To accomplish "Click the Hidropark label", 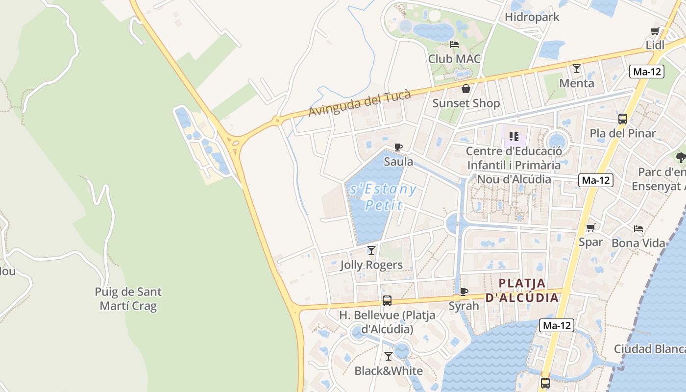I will [x=532, y=17].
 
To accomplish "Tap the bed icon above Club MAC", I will [x=454, y=45].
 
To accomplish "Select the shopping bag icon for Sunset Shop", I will [x=465, y=89].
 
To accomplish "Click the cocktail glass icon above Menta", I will [x=577, y=69].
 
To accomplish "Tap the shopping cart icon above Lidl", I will [x=655, y=31].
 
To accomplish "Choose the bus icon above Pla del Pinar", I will [x=622, y=119].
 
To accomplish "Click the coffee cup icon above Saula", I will [x=398, y=147].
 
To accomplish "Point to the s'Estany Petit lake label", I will [x=382, y=196].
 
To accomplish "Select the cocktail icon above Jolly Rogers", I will [x=371, y=250].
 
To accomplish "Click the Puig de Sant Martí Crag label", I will [x=128, y=299].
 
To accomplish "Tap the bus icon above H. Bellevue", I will [x=387, y=300].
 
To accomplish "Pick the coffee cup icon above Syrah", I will [x=464, y=292].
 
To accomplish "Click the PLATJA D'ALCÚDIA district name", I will [x=522, y=290].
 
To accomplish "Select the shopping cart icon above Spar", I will [x=590, y=228].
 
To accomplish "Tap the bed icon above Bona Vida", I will [x=638, y=229].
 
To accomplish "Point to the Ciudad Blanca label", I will [x=650, y=349].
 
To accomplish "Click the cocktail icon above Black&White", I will [x=389, y=356].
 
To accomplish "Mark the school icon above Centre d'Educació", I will [x=514, y=136].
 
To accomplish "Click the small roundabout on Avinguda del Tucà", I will [x=277, y=120].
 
